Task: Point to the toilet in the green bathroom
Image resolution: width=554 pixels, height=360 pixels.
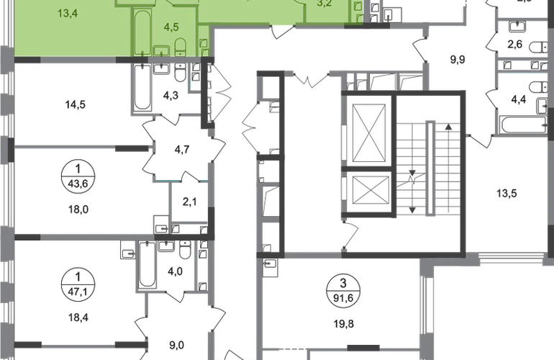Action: tap(181, 47)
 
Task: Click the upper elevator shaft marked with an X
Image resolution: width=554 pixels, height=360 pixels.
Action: tap(368, 132)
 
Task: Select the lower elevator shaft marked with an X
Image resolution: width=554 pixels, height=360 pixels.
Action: tap(368, 191)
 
